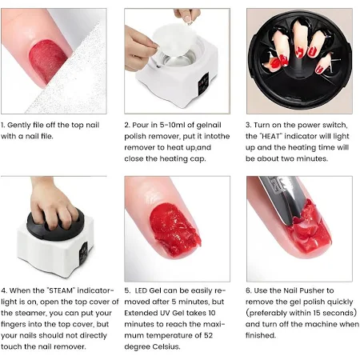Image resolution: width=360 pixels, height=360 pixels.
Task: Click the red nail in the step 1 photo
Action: (x=48, y=62)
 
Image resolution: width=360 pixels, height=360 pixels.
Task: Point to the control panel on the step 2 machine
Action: (x=203, y=83)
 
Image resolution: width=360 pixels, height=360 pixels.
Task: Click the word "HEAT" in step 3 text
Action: (x=270, y=136)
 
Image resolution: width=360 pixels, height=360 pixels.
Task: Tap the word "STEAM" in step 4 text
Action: (x=60, y=290)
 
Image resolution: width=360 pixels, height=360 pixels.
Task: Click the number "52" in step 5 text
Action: (x=209, y=335)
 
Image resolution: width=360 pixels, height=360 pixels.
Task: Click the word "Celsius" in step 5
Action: (x=166, y=346)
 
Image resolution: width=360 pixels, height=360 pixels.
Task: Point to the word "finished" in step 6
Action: (x=260, y=335)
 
